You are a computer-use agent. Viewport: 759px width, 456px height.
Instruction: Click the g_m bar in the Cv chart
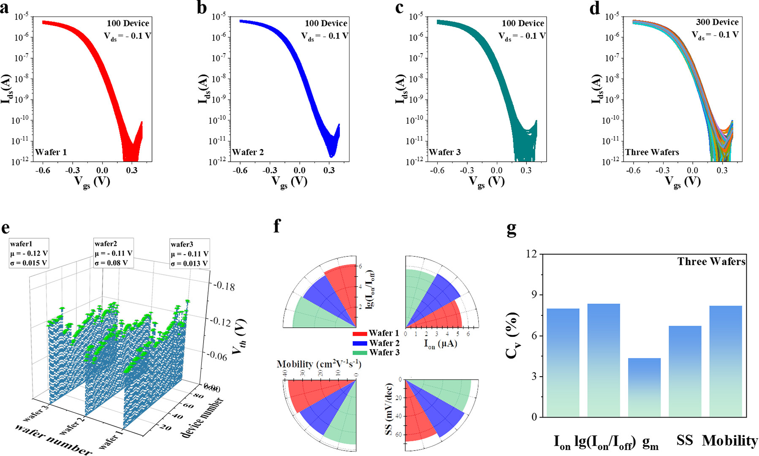(x=644, y=388)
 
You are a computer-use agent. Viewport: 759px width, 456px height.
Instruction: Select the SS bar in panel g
(x=685, y=372)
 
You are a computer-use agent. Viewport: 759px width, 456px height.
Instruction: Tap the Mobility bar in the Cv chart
(x=725, y=361)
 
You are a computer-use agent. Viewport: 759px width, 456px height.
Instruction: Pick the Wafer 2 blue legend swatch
(x=360, y=343)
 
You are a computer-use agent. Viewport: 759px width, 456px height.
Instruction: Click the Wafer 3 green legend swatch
(x=360, y=353)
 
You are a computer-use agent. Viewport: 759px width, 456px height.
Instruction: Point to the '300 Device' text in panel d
(x=717, y=22)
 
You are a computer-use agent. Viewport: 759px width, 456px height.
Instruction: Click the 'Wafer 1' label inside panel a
(x=51, y=152)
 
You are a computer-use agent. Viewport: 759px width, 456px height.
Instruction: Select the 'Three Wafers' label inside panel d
(x=652, y=152)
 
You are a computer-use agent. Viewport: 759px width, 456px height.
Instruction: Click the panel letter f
(x=276, y=226)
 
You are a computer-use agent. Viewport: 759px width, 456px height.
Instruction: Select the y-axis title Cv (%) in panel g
(x=513, y=336)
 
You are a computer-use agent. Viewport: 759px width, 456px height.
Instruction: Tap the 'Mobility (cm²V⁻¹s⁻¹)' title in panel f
(x=319, y=364)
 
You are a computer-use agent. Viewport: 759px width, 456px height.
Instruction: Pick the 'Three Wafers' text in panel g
(x=711, y=262)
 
